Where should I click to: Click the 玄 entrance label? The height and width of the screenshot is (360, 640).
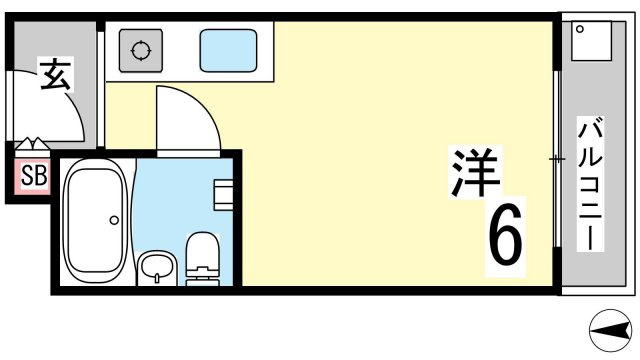tap(56, 75)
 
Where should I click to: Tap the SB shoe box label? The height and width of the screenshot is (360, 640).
tap(33, 176)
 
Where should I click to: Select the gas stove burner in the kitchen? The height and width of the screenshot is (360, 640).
tap(141, 51)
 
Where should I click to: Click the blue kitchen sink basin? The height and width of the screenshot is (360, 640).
tap(228, 51)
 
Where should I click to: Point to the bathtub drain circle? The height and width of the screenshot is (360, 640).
tap(114, 220)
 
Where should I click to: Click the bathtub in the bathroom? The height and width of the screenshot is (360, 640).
tap(96, 221)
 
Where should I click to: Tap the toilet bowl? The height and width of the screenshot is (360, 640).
tap(202, 249)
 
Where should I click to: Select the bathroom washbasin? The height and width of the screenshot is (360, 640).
tap(157, 268)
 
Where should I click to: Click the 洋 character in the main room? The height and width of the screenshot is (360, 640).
tap(475, 172)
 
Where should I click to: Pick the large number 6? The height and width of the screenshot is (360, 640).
tap(505, 235)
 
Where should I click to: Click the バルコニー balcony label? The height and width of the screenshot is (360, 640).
tap(590, 183)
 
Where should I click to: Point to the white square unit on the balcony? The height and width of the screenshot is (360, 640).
tap(591, 41)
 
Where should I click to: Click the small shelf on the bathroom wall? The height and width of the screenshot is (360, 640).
tap(224, 195)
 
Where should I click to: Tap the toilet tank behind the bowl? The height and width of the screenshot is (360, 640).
tap(202, 277)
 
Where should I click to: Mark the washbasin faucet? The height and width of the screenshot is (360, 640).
tap(157, 278)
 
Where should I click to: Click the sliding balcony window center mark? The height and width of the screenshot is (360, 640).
tap(557, 159)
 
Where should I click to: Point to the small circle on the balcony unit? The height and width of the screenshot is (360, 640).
tap(580, 29)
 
